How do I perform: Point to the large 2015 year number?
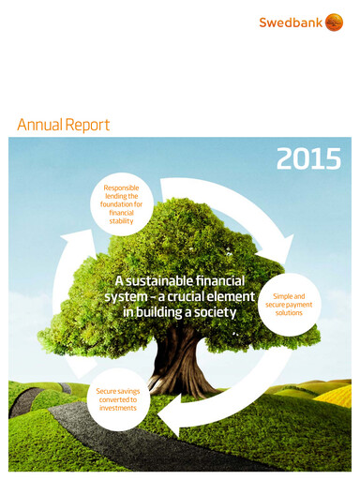click(x=307, y=159)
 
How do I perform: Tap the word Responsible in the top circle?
click(x=113, y=190)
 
